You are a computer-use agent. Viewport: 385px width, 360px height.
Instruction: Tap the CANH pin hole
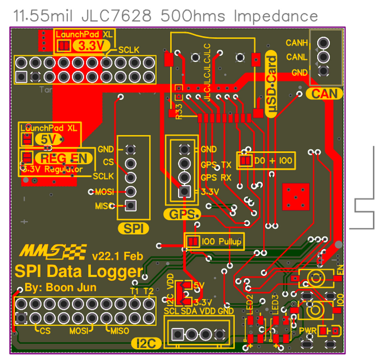[324, 43]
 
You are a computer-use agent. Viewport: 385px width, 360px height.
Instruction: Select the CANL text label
[297, 57]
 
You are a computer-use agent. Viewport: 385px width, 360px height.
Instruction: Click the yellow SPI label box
[133, 228]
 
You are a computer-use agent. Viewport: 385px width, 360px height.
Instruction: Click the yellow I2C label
[147, 343]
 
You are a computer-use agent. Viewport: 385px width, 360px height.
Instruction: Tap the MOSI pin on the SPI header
[130, 191]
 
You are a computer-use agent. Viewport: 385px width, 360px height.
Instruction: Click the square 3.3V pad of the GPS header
[184, 192]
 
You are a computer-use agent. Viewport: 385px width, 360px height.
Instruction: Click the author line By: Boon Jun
[60, 288]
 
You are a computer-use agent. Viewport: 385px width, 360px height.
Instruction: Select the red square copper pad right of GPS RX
[299, 197]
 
